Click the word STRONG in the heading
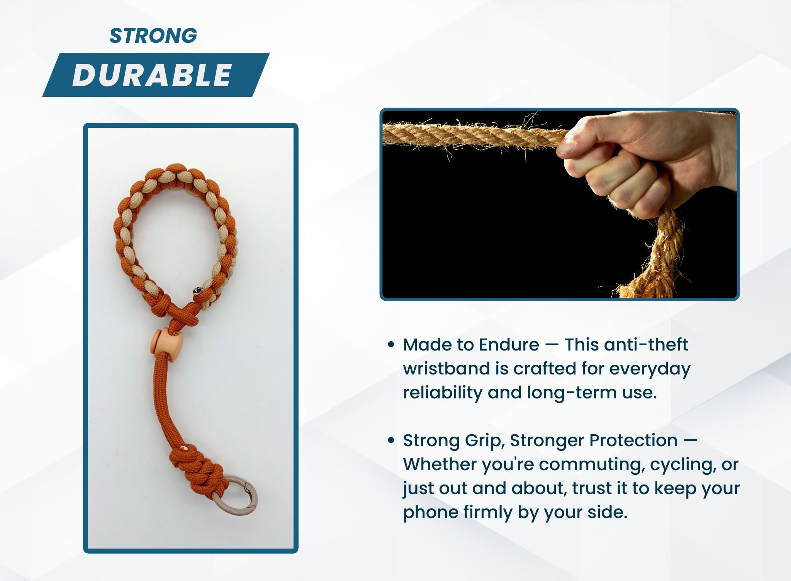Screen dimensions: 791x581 pyautogui.click(x=153, y=36)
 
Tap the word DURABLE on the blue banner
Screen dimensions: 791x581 pyautogui.click(x=152, y=75)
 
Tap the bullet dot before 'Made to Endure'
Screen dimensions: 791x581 pyautogui.click(x=391, y=344)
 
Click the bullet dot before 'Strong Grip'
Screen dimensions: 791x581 pyautogui.click(x=391, y=440)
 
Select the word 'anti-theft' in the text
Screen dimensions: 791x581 pyautogui.click(x=645, y=344)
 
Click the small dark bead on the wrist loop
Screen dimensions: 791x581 pyautogui.click(x=197, y=290)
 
